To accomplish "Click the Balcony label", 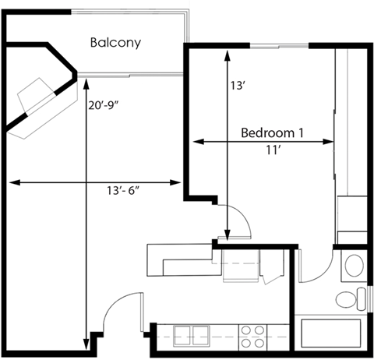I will tap(115, 43).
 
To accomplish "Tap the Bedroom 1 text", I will tap(272, 132).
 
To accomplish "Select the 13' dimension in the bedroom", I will tap(238, 88).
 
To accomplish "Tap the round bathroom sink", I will tap(354, 263).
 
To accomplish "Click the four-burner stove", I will tap(252, 336).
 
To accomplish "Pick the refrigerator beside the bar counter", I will tap(238, 265).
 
